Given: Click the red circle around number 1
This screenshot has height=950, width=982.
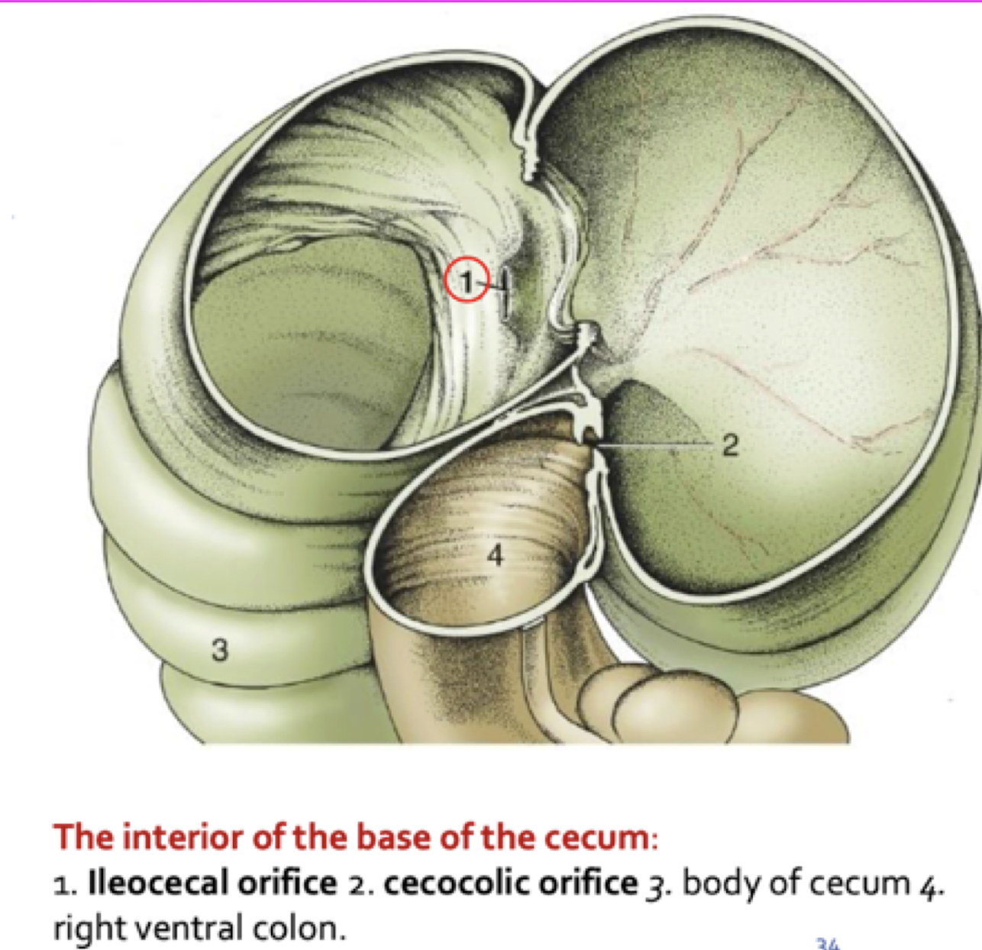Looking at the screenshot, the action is (x=467, y=281).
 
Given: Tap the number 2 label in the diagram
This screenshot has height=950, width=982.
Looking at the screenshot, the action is (x=730, y=444).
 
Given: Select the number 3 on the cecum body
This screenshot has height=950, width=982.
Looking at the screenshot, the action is (x=220, y=650).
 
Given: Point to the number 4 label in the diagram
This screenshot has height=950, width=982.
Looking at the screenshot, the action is (x=496, y=555).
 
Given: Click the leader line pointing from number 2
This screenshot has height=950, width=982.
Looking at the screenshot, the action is (x=657, y=443).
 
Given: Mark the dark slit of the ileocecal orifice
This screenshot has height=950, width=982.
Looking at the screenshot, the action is (x=505, y=293).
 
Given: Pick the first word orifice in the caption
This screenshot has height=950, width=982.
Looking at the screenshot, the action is (x=288, y=884).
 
